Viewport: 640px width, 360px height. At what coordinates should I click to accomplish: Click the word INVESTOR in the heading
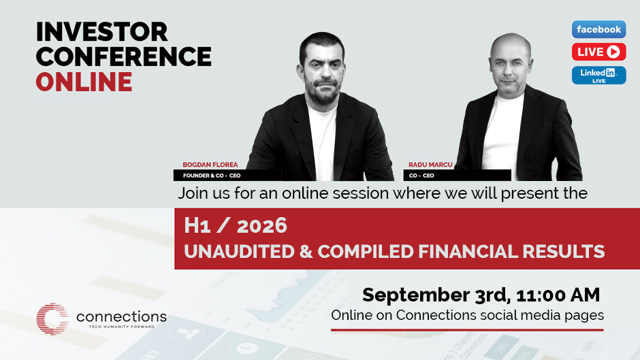click(x=102, y=32)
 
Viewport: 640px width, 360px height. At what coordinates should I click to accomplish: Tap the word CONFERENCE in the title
click(x=124, y=56)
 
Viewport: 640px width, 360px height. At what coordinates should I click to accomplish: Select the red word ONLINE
click(x=84, y=81)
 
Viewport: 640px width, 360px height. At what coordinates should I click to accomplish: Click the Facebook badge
click(x=598, y=29)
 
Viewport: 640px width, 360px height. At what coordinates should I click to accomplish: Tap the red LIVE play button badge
click(x=598, y=52)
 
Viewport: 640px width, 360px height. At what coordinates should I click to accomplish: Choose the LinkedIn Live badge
click(x=598, y=75)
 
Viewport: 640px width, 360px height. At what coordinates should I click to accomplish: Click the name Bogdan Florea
click(x=210, y=165)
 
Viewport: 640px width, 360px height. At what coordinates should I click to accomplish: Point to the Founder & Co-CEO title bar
click(x=227, y=176)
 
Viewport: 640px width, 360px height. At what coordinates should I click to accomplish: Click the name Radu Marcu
click(x=430, y=165)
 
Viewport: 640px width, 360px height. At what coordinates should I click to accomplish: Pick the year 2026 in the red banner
click(x=262, y=226)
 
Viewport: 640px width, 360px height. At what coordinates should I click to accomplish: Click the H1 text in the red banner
click(x=197, y=226)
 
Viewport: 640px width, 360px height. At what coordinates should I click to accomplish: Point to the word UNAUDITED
click(x=239, y=251)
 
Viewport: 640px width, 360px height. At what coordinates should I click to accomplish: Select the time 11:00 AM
click(x=558, y=295)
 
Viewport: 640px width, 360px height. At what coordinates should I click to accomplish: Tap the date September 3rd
click(x=436, y=295)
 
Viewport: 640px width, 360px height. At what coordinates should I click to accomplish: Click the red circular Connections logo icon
click(x=52, y=319)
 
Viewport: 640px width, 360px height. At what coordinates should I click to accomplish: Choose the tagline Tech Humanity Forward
click(x=122, y=327)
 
